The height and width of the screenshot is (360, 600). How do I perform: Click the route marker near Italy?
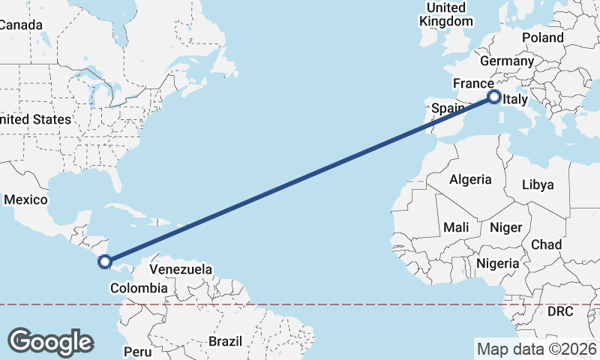pos(494,97)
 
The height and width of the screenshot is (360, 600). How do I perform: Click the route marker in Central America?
pos(105,262)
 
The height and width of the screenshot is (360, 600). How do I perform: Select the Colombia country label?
pos(139,288)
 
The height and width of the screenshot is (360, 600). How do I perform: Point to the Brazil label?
pos(226,341)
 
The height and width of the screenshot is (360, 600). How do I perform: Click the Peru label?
pos(138,351)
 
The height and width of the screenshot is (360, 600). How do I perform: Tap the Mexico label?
pos(25,200)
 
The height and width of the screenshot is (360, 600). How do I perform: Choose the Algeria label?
pos(470,180)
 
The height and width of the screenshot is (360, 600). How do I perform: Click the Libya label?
pos(537,184)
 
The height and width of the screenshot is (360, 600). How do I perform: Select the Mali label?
pos(456,227)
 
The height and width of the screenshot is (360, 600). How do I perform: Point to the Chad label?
pos(546,245)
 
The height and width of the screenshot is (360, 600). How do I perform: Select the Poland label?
pos(543,37)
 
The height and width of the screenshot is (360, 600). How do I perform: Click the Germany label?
pos(506,61)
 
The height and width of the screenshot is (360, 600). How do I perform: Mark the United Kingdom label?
pos(446,14)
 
